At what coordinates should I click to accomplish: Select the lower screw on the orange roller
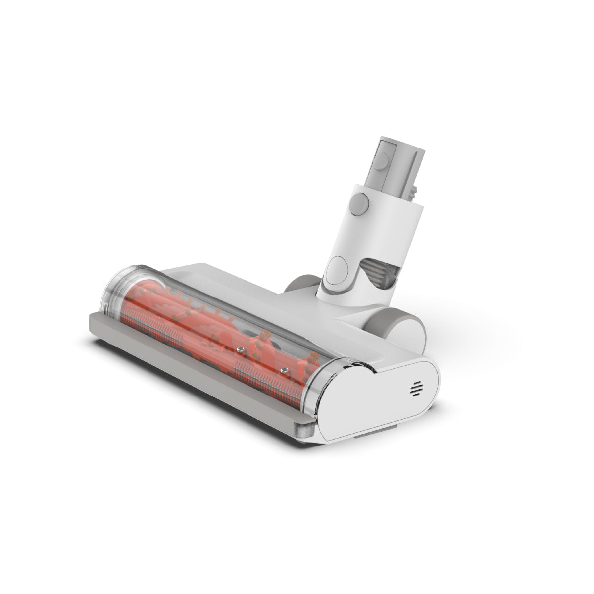point(284,369)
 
